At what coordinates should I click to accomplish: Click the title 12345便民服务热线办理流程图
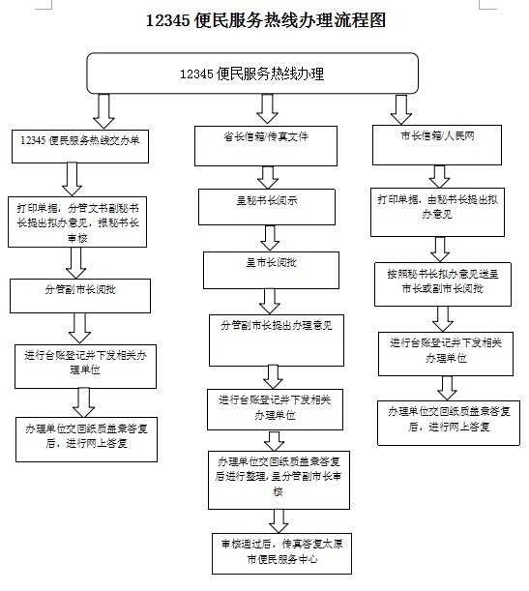point(265,20)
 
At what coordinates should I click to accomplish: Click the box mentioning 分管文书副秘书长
point(79,217)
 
